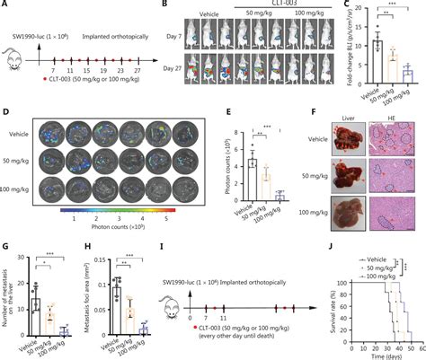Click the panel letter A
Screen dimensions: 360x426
5,6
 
